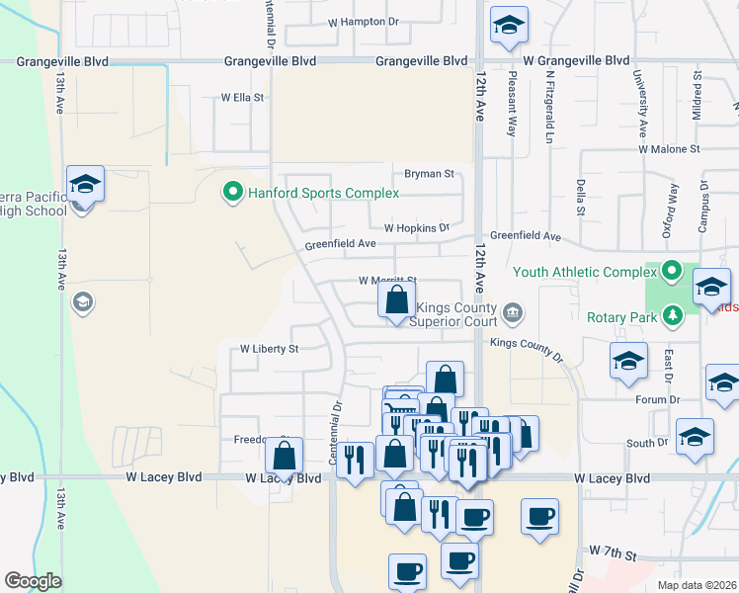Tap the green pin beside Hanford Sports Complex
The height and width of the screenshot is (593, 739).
point(233,191)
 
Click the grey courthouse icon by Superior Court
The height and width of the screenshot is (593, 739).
point(512,314)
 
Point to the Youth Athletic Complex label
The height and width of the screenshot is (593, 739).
point(585,270)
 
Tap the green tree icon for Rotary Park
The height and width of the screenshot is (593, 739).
point(673,316)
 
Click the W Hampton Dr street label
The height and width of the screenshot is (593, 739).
point(365,21)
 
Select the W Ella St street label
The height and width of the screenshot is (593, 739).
point(242,98)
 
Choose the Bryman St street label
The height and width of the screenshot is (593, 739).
point(428,174)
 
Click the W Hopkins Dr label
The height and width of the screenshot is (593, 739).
point(416,227)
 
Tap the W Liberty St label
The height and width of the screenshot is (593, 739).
point(269,349)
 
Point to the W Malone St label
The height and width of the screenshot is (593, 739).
point(668,148)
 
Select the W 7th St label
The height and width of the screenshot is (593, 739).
point(616,549)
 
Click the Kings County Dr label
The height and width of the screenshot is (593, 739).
point(525,348)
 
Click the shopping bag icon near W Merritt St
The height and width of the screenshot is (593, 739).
point(396,299)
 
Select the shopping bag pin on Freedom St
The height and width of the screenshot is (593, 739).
point(284,458)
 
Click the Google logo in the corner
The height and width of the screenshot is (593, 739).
point(33,581)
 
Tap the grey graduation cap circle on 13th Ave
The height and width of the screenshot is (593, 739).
point(83,301)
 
